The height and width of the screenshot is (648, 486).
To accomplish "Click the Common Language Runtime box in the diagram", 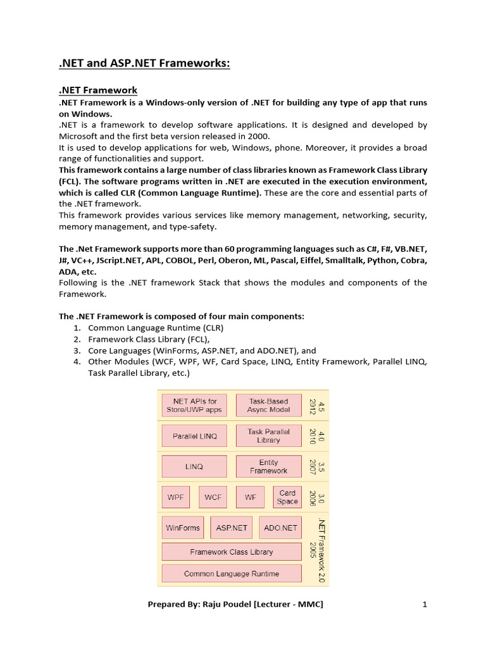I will [x=231, y=574].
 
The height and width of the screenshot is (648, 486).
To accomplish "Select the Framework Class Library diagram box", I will [x=231, y=552].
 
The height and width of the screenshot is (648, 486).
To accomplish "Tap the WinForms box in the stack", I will [x=183, y=528].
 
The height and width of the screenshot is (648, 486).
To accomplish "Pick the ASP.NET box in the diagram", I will [x=232, y=528].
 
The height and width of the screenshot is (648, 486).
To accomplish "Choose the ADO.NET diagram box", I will [x=280, y=528].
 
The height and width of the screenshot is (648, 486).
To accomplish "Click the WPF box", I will [x=175, y=497].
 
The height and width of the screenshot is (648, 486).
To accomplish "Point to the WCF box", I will [x=213, y=497].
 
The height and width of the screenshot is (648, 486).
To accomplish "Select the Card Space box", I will [x=287, y=497].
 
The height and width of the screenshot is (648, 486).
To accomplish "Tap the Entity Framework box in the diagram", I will [x=268, y=467].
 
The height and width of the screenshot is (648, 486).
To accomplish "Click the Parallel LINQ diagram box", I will [x=194, y=436].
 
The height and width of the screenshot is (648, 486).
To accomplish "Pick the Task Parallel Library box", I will [x=268, y=436].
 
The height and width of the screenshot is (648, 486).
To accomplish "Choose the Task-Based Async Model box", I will [x=268, y=406].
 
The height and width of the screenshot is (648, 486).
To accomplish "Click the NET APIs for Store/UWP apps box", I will [x=194, y=406].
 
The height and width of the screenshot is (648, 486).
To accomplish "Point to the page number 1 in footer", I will [x=425, y=604].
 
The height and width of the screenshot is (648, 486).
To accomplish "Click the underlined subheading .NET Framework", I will [x=98, y=90].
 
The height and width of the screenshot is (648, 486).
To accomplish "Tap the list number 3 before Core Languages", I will [x=77, y=351].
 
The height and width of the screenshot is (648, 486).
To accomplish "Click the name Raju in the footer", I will [x=214, y=604].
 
